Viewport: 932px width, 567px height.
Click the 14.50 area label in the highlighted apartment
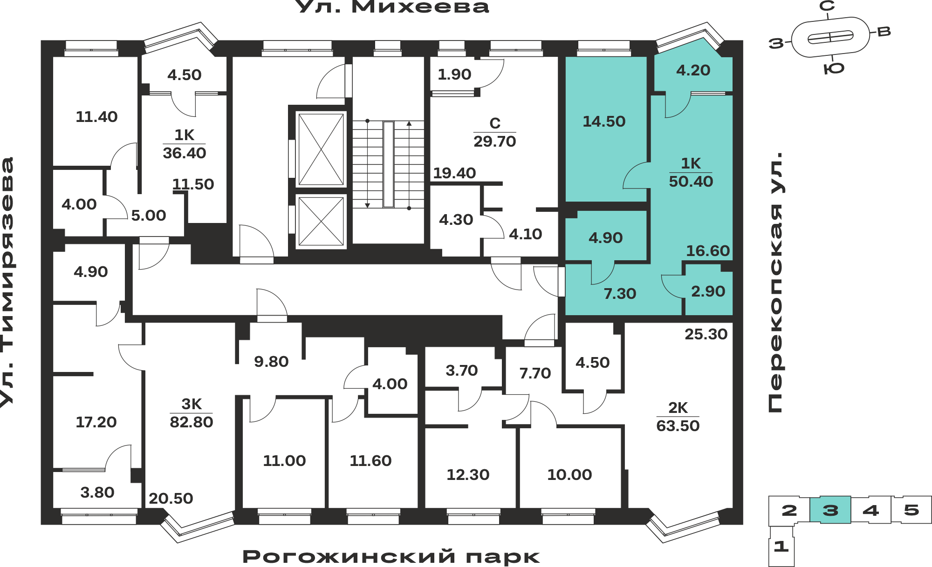[604, 121]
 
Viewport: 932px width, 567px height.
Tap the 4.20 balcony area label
[693, 70]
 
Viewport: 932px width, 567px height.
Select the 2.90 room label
[708, 291]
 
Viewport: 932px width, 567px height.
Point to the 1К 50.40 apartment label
[691, 172]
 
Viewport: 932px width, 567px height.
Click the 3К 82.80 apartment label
[192, 413]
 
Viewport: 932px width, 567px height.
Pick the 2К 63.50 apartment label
[678, 417]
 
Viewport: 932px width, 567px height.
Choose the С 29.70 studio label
[495, 132]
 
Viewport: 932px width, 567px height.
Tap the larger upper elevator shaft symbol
[321, 149]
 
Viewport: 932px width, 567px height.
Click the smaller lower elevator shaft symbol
[321, 221]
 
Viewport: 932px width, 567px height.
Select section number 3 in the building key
[830, 510]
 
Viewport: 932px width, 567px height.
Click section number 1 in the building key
[781, 546]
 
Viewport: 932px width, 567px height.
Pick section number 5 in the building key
[911, 510]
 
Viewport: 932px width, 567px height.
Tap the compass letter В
[884, 32]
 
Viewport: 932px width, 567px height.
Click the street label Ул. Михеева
[392, 7]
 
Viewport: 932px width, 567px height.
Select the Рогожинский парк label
[391, 557]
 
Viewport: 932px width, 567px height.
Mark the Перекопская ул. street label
[776, 282]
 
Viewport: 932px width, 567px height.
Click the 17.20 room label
[96, 422]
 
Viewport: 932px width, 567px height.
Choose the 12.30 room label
[468, 475]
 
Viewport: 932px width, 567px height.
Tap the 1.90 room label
[454, 74]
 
